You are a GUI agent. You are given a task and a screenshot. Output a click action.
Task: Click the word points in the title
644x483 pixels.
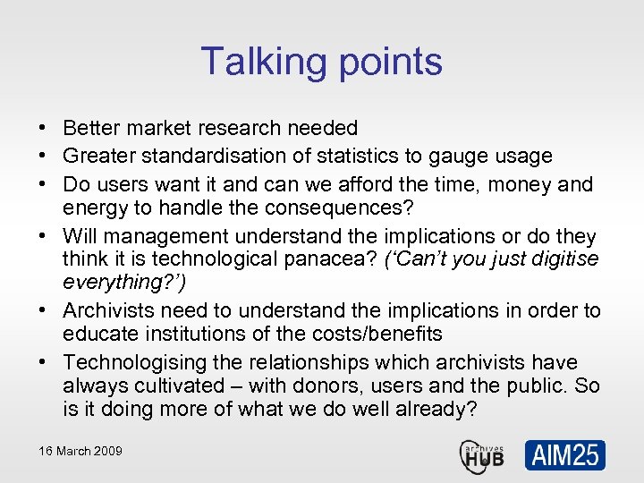388,62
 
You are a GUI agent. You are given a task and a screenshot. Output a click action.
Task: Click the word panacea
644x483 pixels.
335,259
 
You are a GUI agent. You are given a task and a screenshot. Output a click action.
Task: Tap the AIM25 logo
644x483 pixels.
564,455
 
